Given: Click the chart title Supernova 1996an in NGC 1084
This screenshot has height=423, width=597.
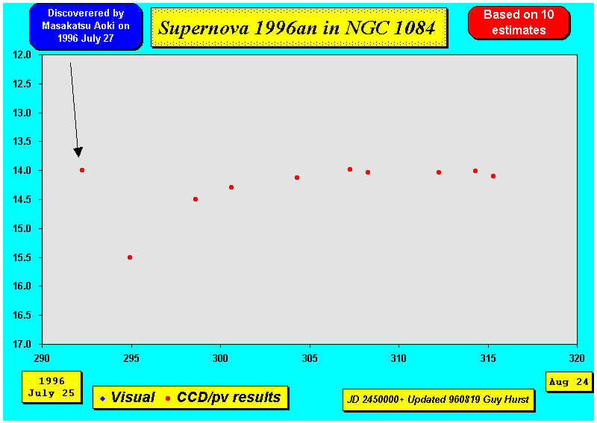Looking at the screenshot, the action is pyautogui.click(x=296, y=28).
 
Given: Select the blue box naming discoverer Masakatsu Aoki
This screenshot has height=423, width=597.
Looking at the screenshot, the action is pyautogui.click(x=85, y=26).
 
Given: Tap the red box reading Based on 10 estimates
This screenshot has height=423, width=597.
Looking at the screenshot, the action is pyautogui.click(x=519, y=22).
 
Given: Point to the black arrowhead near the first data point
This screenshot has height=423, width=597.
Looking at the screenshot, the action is pyautogui.click(x=78, y=152).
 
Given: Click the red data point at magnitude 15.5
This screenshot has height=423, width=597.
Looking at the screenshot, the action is pyautogui.click(x=130, y=257).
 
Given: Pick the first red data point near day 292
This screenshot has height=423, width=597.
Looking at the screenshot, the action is pyautogui.click(x=82, y=170).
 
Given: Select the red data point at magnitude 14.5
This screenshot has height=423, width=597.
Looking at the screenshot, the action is pyautogui.click(x=196, y=199).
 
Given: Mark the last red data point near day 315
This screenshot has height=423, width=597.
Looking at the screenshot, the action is pyautogui.click(x=493, y=176).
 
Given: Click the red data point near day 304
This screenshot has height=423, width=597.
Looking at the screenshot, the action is pyautogui.click(x=297, y=178).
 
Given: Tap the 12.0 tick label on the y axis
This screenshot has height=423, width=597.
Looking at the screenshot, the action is pyautogui.click(x=22, y=54).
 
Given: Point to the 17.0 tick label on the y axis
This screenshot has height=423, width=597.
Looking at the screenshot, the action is pyautogui.click(x=22, y=344).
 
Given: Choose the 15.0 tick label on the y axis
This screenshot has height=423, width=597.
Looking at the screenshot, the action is pyautogui.click(x=22, y=228).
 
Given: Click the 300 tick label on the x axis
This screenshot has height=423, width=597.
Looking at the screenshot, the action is pyautogui.click(x=220, y=358).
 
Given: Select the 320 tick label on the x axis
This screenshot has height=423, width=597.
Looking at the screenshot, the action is pyautogui.click(x=577, y=358).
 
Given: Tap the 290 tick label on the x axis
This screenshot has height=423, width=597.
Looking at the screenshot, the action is pyautogui.click(x=42, y=358).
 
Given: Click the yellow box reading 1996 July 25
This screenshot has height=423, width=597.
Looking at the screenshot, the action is pyautogui.click(x=51, y=387).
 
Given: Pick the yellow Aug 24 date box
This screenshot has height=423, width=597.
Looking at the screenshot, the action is pyautogui.click(x=569, y=381).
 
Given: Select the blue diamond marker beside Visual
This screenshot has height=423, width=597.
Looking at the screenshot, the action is pyautogui.click(x=102, y=398).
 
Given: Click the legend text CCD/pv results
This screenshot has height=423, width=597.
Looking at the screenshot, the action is pyautogui.click(x=229, y=398).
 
